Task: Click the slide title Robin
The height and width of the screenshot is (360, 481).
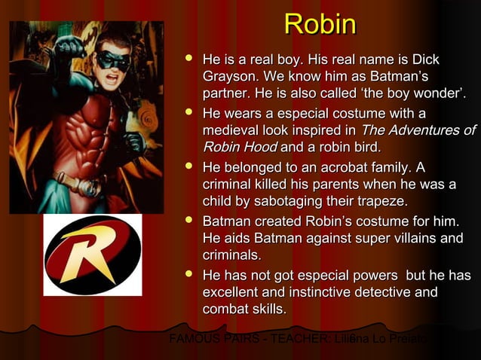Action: (x=320, y=25)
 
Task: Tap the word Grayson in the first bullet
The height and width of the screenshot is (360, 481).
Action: (x=229, y=77)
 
